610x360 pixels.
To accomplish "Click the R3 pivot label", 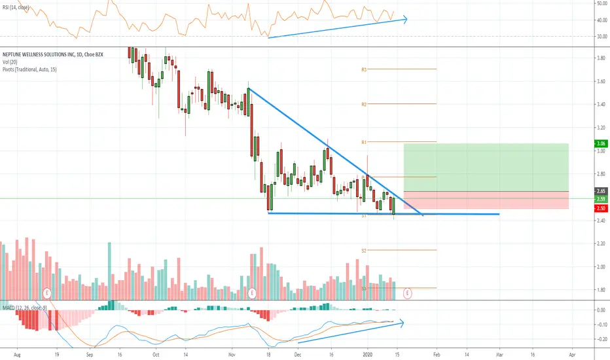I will click(364, 69).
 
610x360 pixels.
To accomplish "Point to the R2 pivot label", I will click(364, 104).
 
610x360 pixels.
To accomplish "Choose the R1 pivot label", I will click(364, 142).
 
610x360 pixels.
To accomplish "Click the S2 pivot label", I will click(364, 250).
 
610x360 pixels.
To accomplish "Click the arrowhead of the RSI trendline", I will click(407, 19).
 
